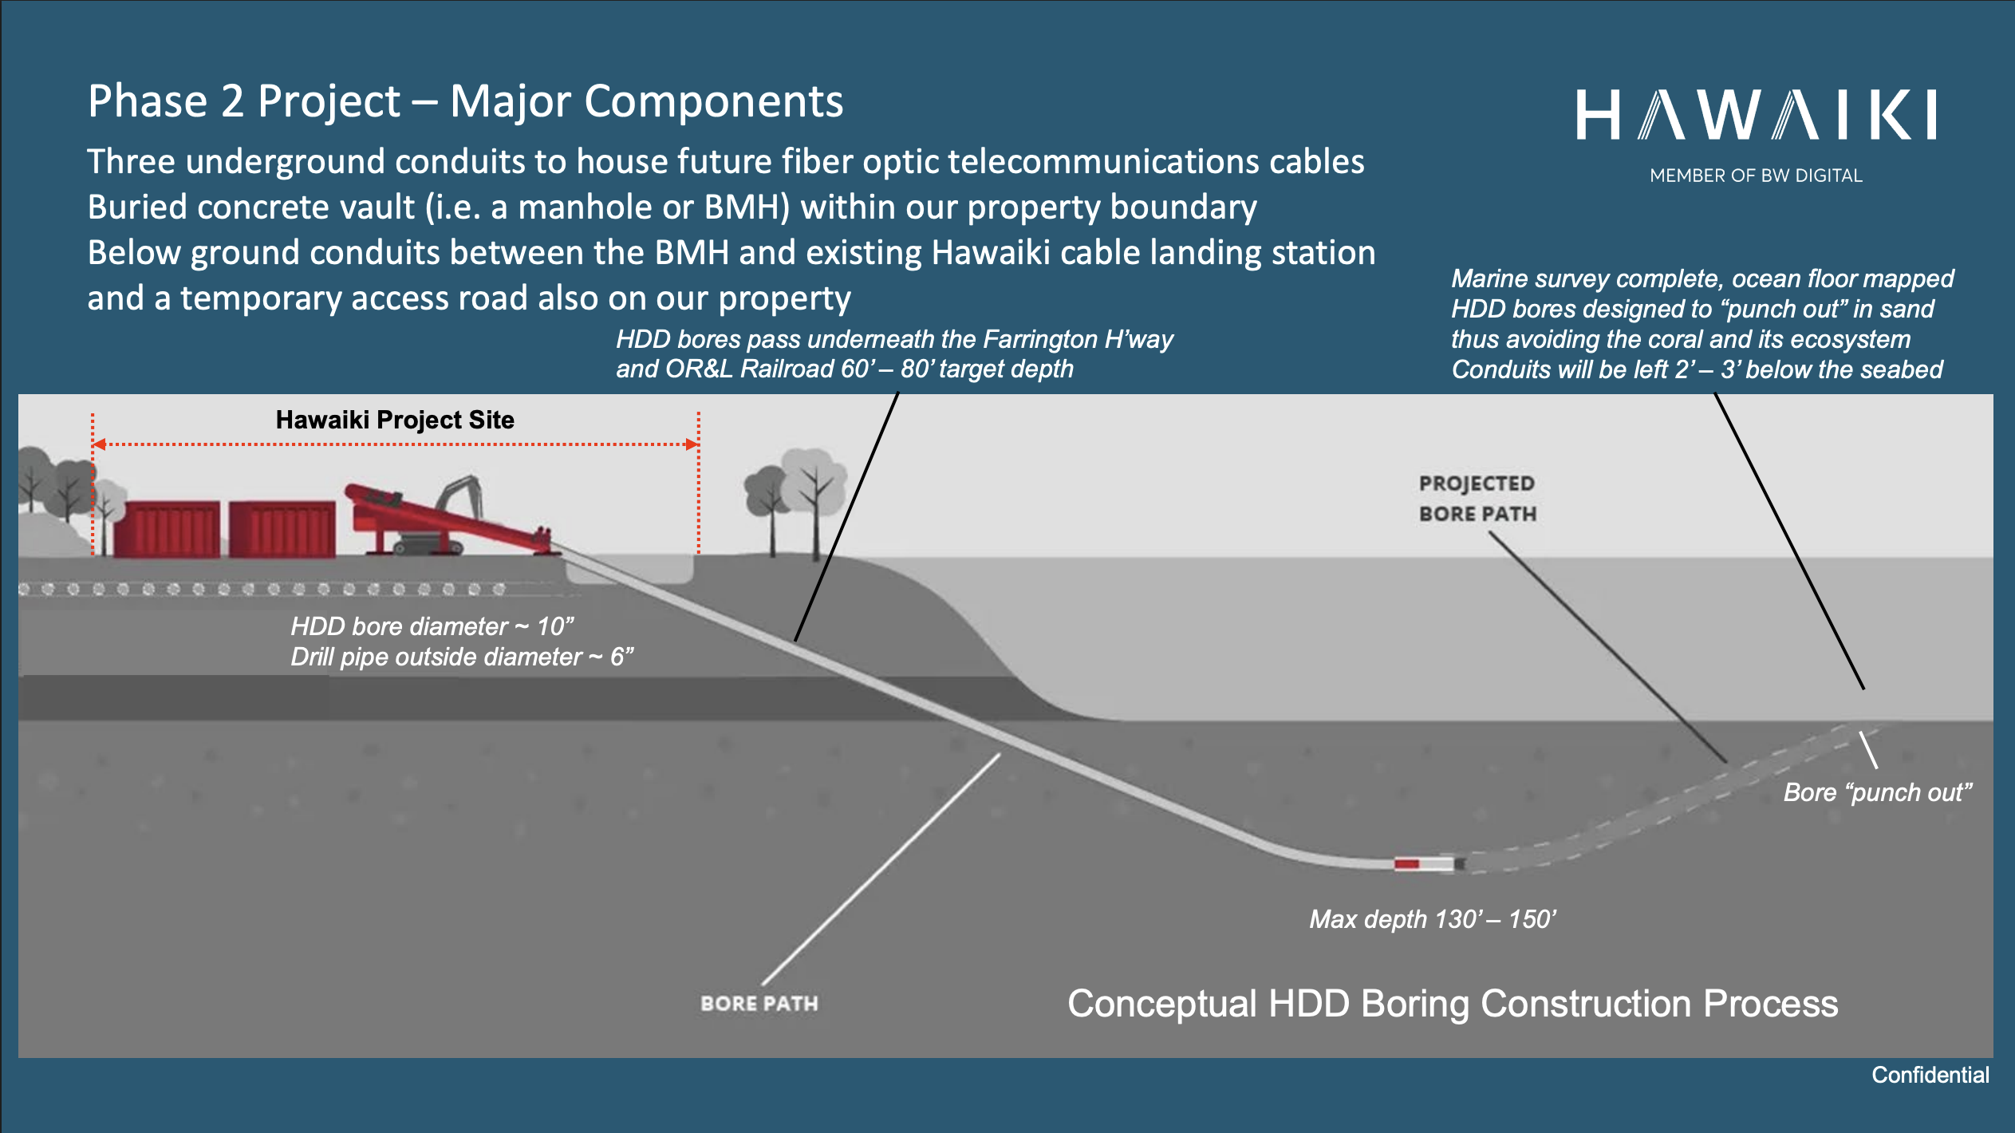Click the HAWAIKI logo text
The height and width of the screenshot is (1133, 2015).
point(1755,116)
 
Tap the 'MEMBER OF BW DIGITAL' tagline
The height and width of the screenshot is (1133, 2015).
point(1755,176)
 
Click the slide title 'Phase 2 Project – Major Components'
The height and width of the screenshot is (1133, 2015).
point(465,102)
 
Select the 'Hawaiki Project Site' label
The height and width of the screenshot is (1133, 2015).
point(395,420)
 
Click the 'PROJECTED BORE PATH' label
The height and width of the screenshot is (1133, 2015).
point(1477,499)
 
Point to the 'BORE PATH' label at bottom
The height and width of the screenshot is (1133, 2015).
point(759,1003)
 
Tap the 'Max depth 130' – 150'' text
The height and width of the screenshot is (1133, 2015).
point(1432,919)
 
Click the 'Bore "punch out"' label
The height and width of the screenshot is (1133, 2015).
point(1877,792)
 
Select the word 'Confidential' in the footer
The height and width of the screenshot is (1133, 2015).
point(1930,1075)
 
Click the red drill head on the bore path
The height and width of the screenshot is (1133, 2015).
point(1407,864)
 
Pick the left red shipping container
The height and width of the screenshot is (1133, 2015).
point(167,528)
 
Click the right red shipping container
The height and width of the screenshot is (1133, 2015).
point(282,528)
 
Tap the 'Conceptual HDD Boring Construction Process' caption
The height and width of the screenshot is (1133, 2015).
point(1452,1004)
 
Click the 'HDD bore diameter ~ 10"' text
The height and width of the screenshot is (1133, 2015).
point(432,626)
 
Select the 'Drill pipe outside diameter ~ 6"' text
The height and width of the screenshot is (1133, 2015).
point(462,657)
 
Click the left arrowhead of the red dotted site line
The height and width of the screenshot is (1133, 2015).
point(99,444)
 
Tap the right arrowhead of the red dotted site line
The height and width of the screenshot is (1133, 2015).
point(692,444)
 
